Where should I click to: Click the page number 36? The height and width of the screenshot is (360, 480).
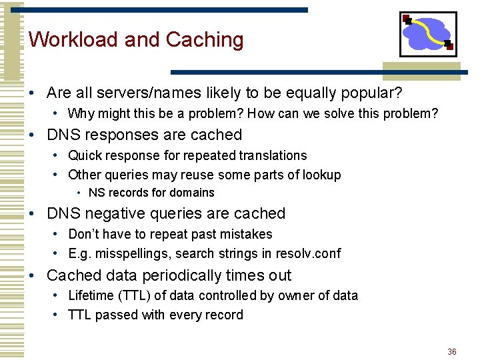[x=451, y=351]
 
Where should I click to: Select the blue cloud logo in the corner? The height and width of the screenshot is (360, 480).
[x=427, y=33]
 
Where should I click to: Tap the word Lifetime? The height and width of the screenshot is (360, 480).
[x=92, y=295]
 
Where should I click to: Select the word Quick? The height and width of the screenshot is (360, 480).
[x=85, y=155]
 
